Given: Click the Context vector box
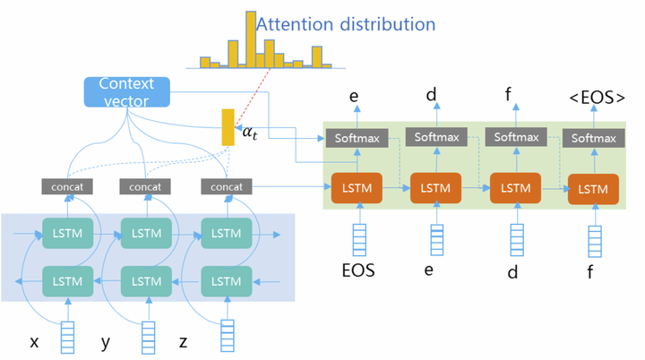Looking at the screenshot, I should click(x=126, y=91).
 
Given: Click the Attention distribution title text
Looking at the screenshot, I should click(x=346, y=23).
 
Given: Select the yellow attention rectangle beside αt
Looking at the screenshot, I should click(x=228, y=127).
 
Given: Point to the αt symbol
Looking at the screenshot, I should click(x=252, y=133).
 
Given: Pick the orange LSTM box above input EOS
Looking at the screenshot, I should click(x=357, y=189).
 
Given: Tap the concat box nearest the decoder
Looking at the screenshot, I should click(x=226, y=186).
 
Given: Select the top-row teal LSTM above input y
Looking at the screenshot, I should click(x=146, y=234).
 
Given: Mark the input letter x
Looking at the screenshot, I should click(x=34, y=341).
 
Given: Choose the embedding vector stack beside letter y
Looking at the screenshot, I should click(x=148, y=339).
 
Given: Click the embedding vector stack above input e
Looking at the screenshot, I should click(x=436, y=239).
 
